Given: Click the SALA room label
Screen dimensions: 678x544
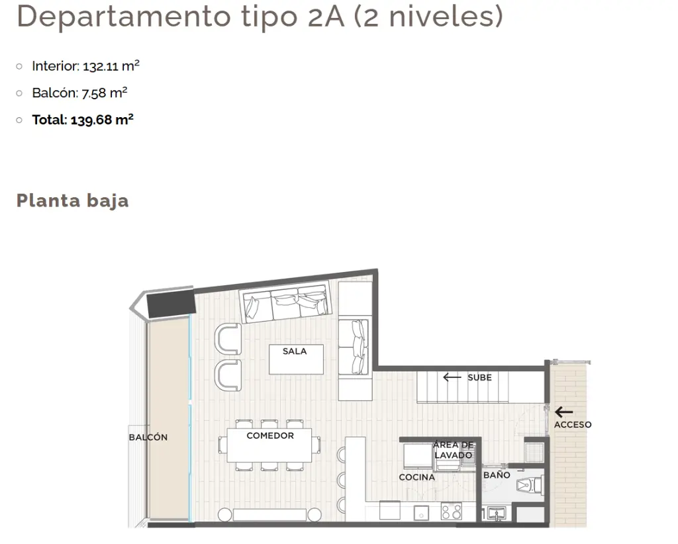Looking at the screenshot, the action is tap(295, 351).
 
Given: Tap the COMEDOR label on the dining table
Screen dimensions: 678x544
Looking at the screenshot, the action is tap(270, 435).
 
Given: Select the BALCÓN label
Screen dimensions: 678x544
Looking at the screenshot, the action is tap(148, 437).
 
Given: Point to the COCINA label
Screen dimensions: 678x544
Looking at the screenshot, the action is tap(416, 477).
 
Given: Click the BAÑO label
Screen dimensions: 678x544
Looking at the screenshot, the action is tap(497, 475).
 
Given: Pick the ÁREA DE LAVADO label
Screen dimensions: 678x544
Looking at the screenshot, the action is tap(453, 450).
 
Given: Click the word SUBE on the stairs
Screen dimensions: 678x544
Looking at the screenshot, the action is tap(479, 378).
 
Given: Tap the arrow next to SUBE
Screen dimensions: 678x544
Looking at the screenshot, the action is tap(452, 378).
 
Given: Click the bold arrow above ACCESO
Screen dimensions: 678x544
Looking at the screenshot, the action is tap(564, 412).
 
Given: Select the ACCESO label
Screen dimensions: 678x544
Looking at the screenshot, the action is tap(573, 425).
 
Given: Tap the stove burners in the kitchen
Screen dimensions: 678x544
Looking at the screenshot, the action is tap(452, 511).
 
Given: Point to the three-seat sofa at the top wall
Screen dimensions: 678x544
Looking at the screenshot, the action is tap(286, 302).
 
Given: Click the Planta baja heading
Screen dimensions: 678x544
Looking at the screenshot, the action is tap(73, 201).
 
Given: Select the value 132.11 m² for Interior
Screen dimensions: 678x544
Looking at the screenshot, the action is tap(111, 66).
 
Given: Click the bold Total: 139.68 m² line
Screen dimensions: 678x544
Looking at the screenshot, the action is tap(83, 120).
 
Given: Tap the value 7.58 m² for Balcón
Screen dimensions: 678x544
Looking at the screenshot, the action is tap(104, 93).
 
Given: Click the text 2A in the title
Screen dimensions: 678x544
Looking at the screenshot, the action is tap(326, 17).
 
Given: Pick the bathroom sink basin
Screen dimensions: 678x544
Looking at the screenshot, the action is tap(496, 514).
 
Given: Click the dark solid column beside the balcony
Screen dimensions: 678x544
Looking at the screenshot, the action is tap(171, 304).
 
